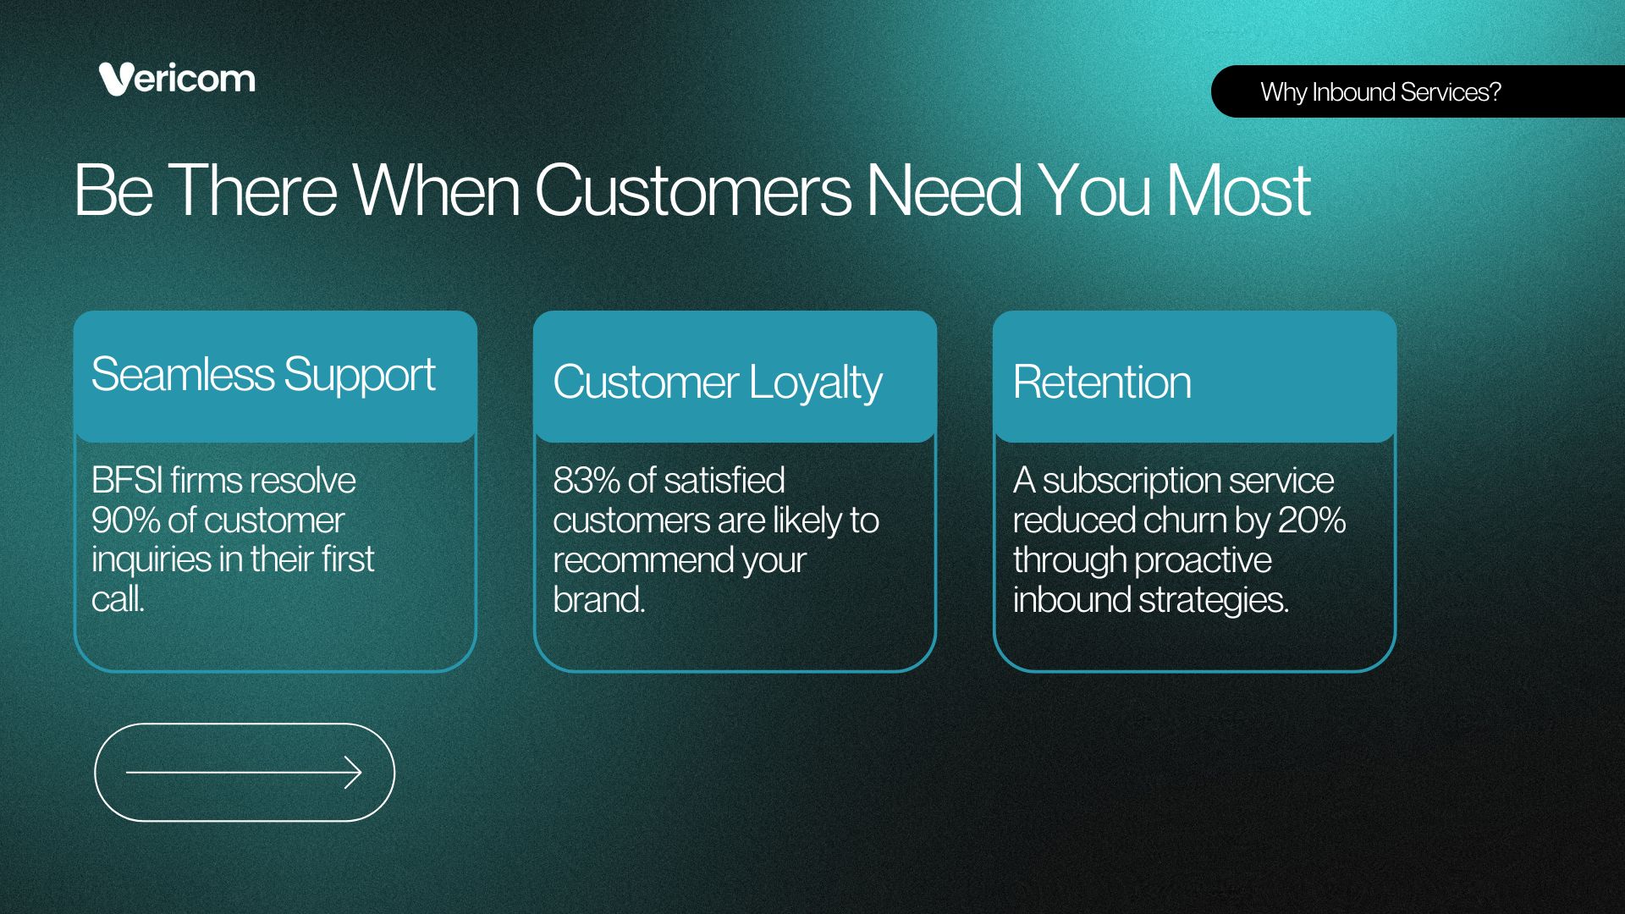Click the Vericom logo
(x=177, y=79)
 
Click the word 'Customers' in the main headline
(x=692, y=190)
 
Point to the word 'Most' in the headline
(x=1239, y=190)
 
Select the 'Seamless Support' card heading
(x=263, y=375)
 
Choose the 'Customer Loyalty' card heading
(x=718, y=383)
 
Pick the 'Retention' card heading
(x=1102, y=382)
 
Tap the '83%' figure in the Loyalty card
(x=587, y=481)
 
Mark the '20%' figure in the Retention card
(x=1312, y=520)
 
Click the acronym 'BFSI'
(x=127, y=481)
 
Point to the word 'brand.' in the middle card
(x=599, y=600)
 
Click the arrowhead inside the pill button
(x=353, y=772)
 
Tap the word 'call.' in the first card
(x=118, y=599)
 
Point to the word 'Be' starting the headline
(x=113, y=190)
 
